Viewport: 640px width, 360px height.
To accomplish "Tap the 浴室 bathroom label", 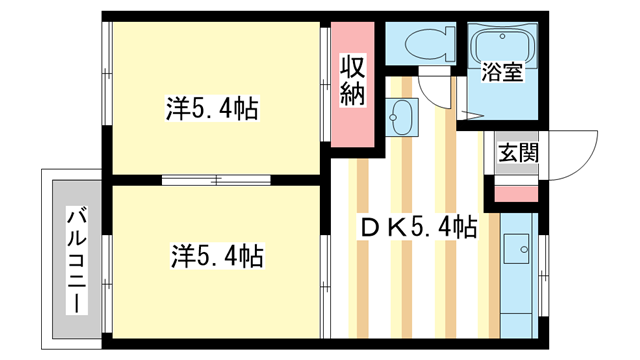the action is [502, 71].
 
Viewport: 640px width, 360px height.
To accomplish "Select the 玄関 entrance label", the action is [518, 153].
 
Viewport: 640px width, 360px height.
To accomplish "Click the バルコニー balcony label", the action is [77, 261].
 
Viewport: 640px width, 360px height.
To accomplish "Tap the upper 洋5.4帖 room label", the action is [212, 109].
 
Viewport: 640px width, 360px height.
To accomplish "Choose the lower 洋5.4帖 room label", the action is [217, 256].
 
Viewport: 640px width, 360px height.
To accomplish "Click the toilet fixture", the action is [431, 43].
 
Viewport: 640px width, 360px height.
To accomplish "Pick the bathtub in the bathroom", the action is [503, 45].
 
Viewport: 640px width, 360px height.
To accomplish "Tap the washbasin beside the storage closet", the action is [402, 117].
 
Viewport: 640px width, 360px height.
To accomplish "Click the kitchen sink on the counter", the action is [516, 248].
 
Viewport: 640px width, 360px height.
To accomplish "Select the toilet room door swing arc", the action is [433, 96].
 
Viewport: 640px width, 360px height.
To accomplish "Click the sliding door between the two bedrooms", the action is [216, 180].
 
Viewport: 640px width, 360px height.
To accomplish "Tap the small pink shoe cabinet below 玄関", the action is [516, 194].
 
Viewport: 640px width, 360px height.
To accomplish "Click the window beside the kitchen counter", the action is [543, 275].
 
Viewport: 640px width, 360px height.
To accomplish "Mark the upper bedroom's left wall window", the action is [107, 73].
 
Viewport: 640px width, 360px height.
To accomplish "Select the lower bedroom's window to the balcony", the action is [107, 284].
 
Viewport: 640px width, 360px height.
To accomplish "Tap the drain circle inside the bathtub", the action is [502, 36].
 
